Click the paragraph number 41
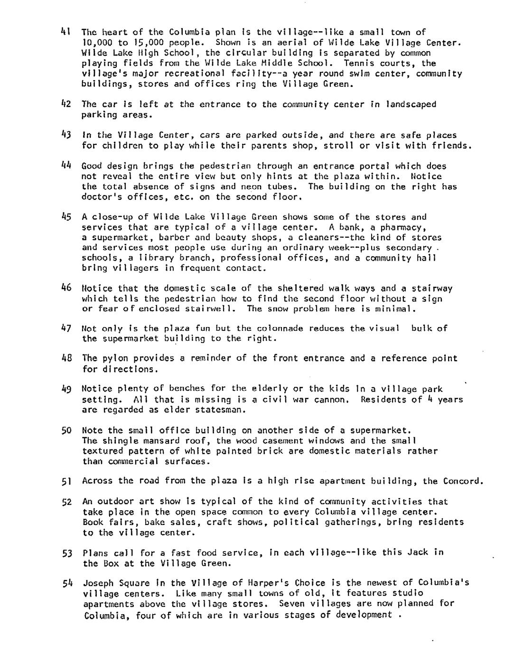tap(65, 32)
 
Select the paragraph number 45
tap(66, 217)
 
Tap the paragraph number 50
tap(66, 430)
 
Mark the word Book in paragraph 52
tap(93, 522)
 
